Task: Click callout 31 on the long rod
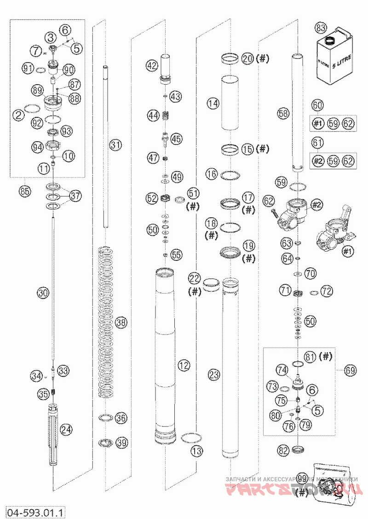(x=115, y=145)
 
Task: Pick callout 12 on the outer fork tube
(x=184, y=366)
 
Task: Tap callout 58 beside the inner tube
(x=283, y=113)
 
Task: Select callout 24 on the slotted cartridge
(x=66, y=430)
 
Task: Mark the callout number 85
(x=25, y=190)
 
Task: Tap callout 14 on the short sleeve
(x=213, y=104)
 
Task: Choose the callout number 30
(x=43, y=293)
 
